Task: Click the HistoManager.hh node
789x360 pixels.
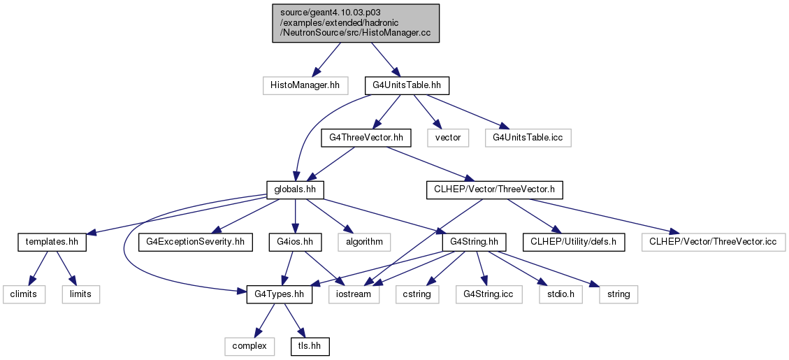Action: click(305, 86)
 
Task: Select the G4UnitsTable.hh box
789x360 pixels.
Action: click(407, 86)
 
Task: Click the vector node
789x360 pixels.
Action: click(448, 138)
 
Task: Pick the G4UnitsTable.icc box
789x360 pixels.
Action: click(528, 138)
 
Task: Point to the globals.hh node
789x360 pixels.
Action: click(294, 190)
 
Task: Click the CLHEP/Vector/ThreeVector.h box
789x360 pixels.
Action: click(494, 190)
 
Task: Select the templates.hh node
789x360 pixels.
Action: click(52, 242)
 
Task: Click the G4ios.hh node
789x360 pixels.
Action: click(295, 242)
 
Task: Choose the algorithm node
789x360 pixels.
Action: click(364, 242)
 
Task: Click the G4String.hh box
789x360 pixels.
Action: click(474, 242)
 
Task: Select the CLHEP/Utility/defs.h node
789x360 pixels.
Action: click(574, 242)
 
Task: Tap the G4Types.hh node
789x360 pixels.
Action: click(280, 294)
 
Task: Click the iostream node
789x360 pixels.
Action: click(354, 294)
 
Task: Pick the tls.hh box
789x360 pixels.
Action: click(310, 347)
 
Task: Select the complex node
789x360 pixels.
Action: click(249, 347)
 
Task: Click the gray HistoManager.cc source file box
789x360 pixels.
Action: click(356, 23)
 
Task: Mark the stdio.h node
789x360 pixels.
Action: click(561, 294)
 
